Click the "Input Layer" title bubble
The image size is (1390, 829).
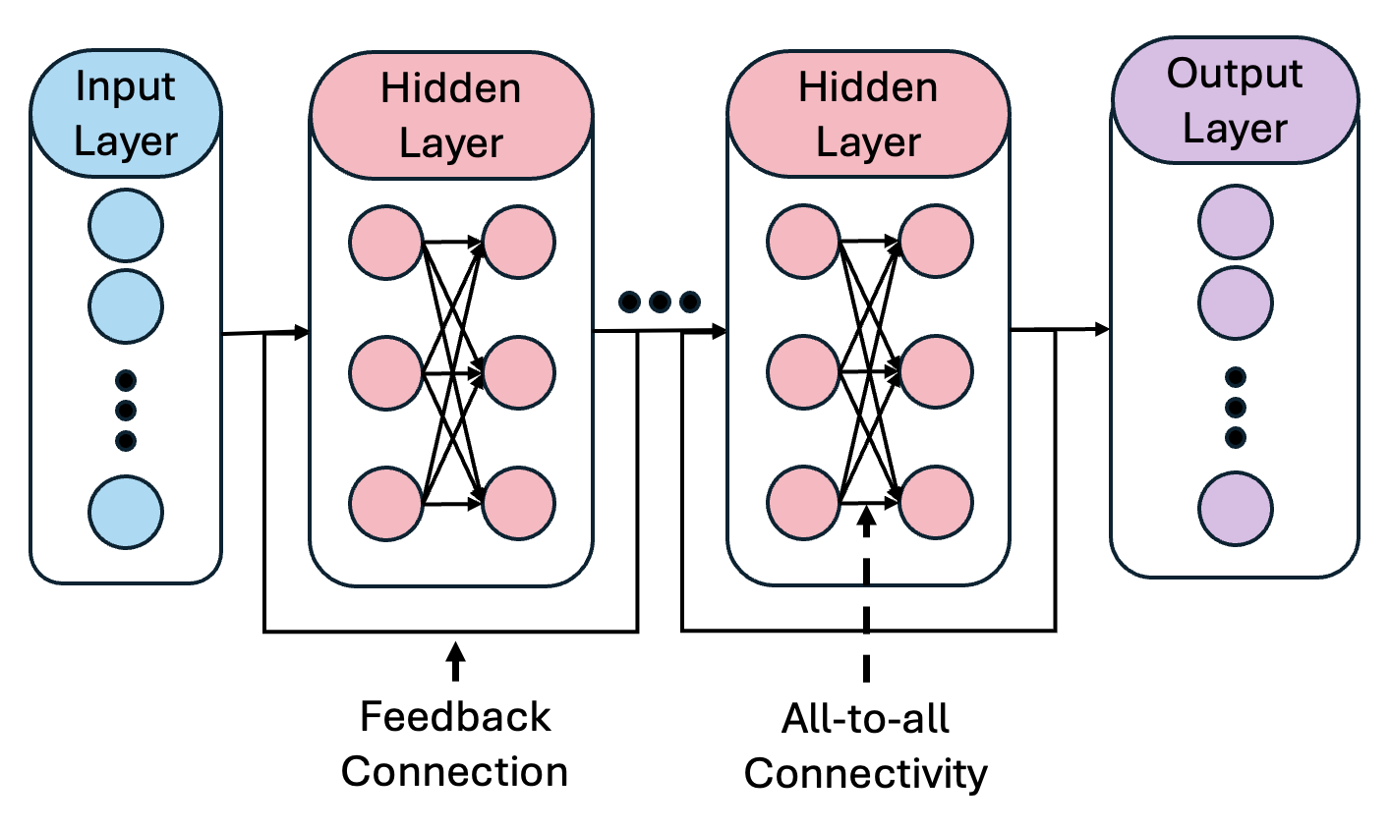[x=125, y=114]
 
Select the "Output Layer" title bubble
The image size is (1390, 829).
[x=1235, y=101]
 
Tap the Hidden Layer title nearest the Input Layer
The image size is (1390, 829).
[x=451, y=116]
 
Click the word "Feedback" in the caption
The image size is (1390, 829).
[x=454, y=716]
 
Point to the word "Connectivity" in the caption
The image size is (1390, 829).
[x=865, y=774]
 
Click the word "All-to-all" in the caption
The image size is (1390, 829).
[x=865, y=719]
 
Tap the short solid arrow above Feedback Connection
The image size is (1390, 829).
[x=454, y=661]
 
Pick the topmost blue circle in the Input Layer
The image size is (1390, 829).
[x=125, y=226]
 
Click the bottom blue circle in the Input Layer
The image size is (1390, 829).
[x=125, y=512]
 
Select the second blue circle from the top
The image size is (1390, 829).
[x=125, y=305]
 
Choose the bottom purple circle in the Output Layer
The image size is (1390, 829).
[x=1235, y=509]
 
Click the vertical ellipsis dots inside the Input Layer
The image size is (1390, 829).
[x=125, y=410]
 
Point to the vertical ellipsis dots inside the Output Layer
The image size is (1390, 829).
[x=1236, y=407]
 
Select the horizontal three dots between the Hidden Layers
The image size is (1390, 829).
[x=659, y=301]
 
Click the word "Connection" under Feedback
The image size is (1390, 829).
[x=454, y=771]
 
